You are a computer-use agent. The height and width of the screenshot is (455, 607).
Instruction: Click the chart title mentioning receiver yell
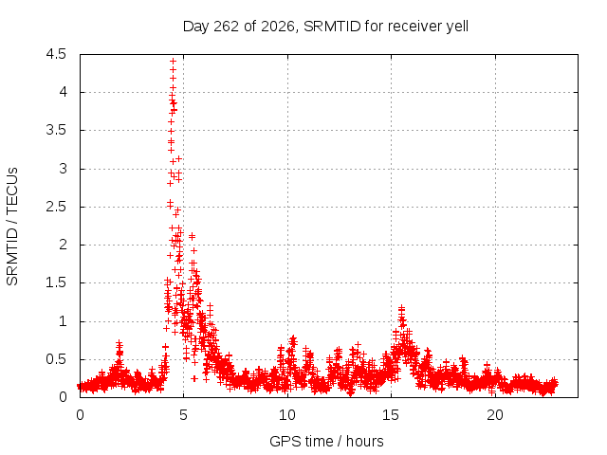(x=325, y=27)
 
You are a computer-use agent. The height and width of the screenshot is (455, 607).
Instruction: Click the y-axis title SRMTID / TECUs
(x=12, y=227)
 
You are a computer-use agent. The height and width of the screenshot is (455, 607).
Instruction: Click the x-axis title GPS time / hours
(x=326, y=441)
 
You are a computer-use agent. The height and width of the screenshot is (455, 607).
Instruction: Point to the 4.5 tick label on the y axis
(x=56, y=54)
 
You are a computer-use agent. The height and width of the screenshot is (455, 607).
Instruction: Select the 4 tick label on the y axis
(x=63, y=92)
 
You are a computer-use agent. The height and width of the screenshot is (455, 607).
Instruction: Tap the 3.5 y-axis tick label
(x=56, y=130)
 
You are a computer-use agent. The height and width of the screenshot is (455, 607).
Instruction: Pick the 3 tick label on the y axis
(x=63, y=169)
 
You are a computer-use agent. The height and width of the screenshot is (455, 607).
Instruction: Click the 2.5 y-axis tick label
(x=56, y=207)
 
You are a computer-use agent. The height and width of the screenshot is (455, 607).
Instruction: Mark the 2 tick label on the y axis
(x=63, y=245)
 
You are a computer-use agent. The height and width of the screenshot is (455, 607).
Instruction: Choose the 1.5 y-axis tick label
(x=56, y=282)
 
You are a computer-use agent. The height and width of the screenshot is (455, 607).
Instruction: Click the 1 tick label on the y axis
(x=63, y=320)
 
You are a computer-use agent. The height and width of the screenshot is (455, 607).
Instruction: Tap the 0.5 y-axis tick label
(x=56, y=359)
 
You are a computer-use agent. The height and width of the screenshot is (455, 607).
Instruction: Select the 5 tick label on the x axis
(x=183, y=415)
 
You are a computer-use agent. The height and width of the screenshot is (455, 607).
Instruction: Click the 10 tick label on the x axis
(x=287, y=415)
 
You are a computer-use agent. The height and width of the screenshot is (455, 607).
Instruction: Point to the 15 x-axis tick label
(x=391, y=415)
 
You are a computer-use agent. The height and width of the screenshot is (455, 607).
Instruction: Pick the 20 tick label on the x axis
(x=495, y=415)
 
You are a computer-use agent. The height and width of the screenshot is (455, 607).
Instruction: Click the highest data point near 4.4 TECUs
(x=173, y=61)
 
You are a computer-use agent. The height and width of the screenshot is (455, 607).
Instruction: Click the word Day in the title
(x=196, y=27)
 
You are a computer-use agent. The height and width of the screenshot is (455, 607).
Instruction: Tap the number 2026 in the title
(x=278, y=27)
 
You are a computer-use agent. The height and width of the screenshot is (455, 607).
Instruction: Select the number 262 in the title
(x=227, y=27)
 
